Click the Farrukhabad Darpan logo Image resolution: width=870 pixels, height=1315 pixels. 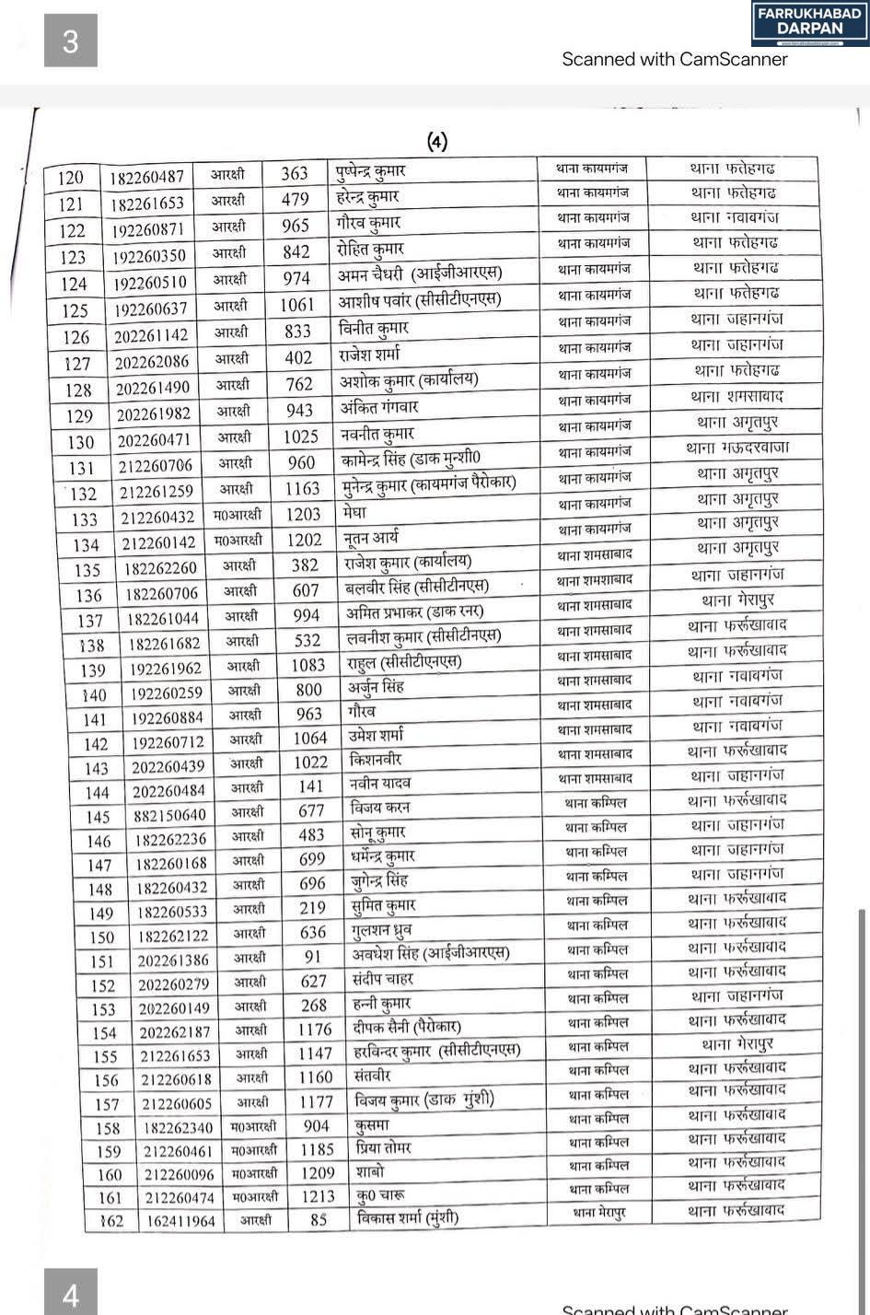tap(809, 24)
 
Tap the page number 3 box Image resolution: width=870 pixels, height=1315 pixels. tap(70, 41)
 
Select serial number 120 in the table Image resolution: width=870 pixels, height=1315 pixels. tap(70, 178)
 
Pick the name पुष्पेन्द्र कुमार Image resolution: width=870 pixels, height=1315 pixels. tap(371, 171)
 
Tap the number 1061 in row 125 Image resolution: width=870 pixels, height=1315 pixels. tap(297, 305)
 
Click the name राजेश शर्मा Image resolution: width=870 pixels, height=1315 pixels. tap(369, 354)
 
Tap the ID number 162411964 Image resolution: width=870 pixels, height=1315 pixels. tap(180, 1222)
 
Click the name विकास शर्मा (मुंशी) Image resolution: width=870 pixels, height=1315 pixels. tap(406, 1218)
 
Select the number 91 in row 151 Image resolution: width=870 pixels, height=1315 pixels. tap(314, 957)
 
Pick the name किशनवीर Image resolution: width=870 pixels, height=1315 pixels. tap(376, 760)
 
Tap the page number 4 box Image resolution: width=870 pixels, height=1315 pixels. tap(70, 1295)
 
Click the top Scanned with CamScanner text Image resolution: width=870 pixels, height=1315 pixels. tap(675, 59)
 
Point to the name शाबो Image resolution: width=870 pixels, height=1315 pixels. tap(369, 1172)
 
